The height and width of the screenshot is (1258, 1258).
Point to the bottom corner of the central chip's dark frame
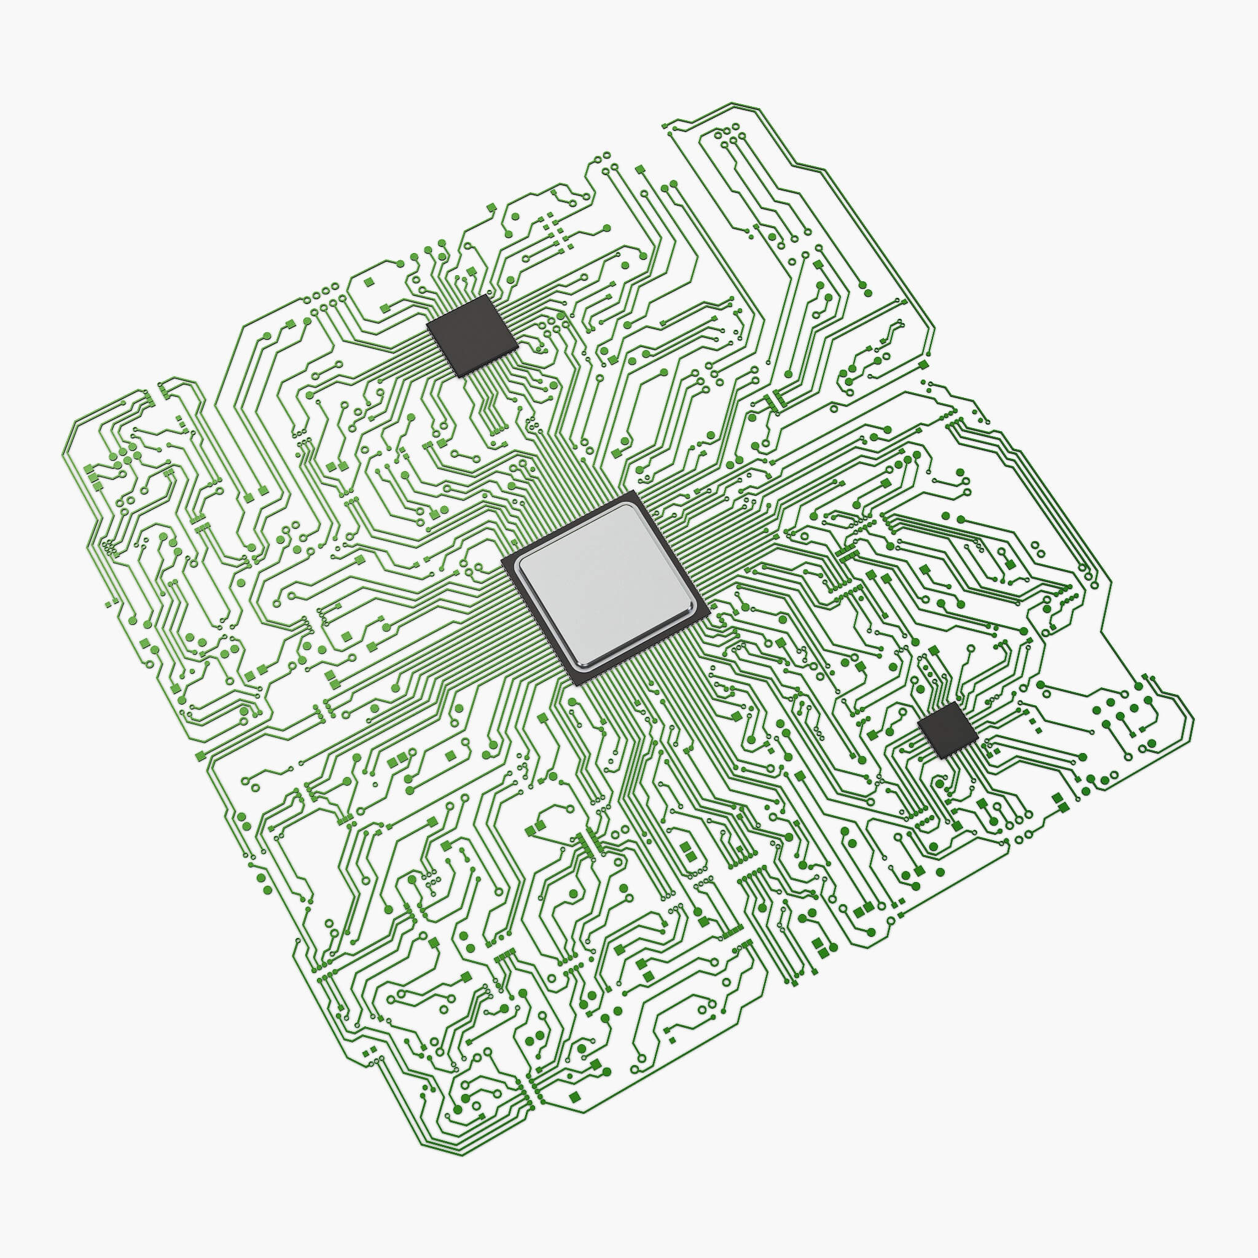coord(579,686)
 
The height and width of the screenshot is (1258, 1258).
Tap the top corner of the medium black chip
coord(486,295)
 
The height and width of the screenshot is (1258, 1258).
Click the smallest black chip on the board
coord(947,729)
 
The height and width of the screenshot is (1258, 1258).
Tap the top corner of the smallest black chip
coord(951,702)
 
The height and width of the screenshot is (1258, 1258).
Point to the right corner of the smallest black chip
coord(978,736)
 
